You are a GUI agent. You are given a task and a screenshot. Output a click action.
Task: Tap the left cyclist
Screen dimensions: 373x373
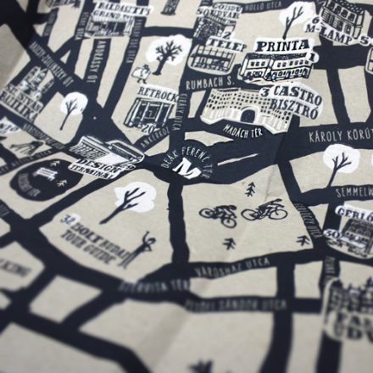[x=219, y=215]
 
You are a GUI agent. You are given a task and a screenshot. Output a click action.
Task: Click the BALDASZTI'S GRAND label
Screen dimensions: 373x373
[x=123, y=11]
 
